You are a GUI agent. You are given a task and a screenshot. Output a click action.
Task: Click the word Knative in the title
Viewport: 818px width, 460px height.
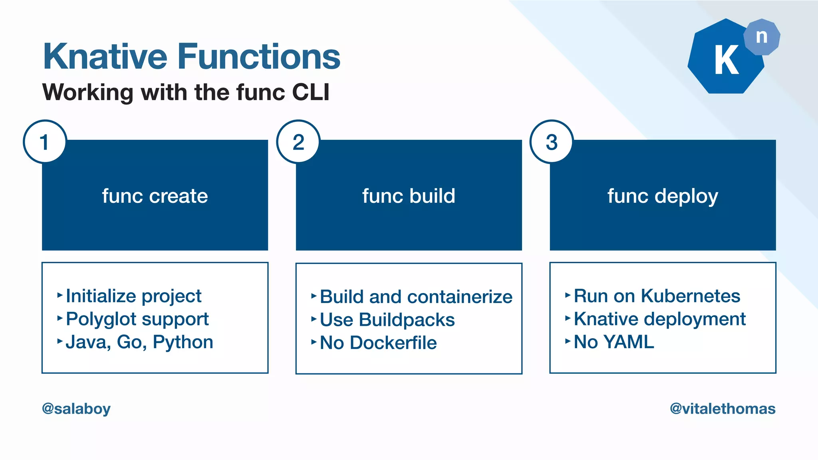tap(105, 57)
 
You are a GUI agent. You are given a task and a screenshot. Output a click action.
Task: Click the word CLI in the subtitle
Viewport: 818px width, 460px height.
tap(310, 92)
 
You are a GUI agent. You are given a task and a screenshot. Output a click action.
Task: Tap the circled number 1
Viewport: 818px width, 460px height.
tap(45, 142)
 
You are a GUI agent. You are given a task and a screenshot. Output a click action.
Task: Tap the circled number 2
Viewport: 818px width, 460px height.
tap(298, 142)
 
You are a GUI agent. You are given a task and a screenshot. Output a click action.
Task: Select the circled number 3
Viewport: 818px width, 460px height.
tap(552, 142)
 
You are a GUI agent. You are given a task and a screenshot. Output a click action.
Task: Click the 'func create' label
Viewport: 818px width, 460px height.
tap(155, 196)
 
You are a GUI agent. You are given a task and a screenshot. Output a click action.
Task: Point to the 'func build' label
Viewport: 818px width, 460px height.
tap(409, 196)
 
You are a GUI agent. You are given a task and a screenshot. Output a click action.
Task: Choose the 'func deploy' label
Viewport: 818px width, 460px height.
tap(663, 196)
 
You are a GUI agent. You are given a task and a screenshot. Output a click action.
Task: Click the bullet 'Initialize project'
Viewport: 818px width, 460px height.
tap(133, 296)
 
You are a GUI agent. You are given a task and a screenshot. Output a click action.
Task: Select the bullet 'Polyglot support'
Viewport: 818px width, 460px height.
tap(137, 319)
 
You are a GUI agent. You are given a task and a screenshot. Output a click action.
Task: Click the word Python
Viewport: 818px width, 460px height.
tap(183, 342)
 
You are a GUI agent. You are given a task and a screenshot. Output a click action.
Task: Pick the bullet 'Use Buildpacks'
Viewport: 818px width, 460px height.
tap(387, 320)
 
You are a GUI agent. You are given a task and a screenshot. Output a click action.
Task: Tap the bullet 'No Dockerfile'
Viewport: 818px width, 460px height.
tap(378, 343)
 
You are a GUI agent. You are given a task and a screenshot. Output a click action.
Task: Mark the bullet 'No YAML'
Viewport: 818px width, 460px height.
tap(614, 342)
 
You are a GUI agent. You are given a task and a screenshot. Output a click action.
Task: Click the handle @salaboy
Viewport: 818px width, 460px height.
tap(76, 408)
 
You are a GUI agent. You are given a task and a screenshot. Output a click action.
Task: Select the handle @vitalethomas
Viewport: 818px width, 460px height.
tap(723, 408)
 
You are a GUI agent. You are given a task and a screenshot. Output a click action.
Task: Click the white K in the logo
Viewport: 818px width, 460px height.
tap(726, 60)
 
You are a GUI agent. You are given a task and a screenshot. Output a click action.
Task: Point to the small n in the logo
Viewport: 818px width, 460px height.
tap(762, 37)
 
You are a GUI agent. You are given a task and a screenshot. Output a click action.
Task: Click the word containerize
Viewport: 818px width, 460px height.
tap(460, 297)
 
